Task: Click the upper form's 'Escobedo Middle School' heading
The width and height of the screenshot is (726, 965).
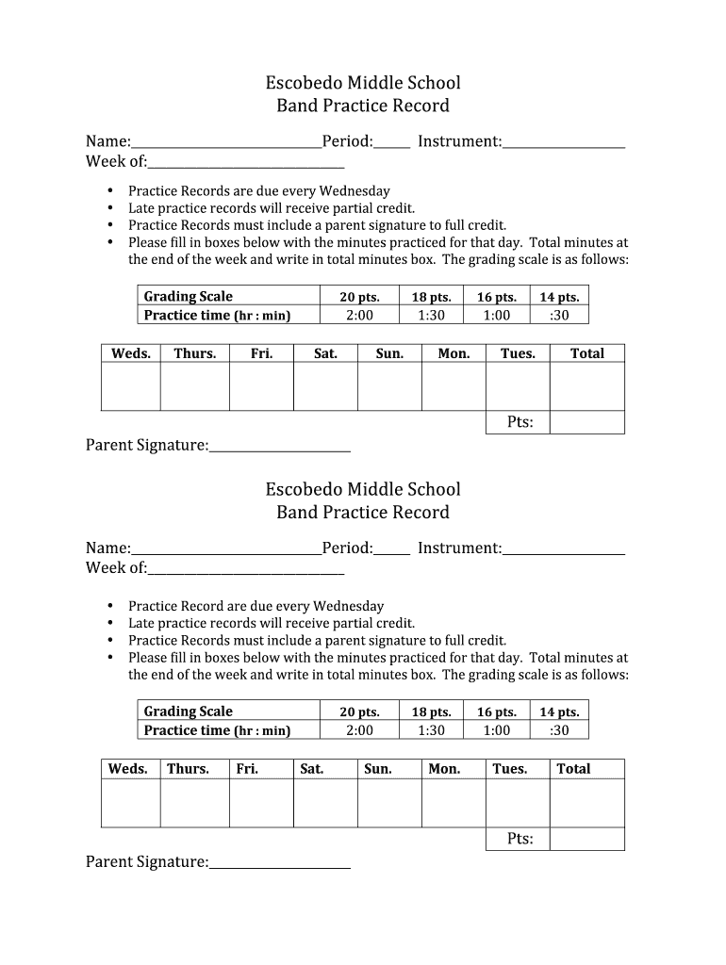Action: [x=363, y=83]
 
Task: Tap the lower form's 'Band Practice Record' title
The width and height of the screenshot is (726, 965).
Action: [x=363, y=512]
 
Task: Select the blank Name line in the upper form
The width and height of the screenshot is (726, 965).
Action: [x=226, y=143]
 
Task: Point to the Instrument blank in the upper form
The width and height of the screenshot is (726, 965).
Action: [x=564, y=143]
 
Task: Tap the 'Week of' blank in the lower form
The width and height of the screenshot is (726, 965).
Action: [x=246, y=570]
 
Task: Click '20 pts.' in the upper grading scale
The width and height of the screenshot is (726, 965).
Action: [x=359, y=297]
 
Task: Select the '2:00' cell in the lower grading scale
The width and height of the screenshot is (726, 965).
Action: [x=359, y=730]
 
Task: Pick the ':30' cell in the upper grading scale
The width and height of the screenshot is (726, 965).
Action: [x=559, y=316]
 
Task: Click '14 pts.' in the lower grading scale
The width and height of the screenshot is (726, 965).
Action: [x=559, y=712]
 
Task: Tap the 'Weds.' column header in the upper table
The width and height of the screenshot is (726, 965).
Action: [x=131, y=353]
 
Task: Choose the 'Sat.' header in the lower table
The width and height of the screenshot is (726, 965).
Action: [x=312, y=769]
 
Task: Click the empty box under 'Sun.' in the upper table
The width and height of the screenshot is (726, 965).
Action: [x=389, y=386]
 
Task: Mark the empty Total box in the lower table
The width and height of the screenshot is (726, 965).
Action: [x=586, y=803]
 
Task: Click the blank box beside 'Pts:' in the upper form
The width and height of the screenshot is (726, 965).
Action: [x=586, y=422]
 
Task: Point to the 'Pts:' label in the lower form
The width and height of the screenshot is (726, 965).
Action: [x=520, y=839]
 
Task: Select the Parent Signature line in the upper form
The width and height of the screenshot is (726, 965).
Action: [x=280, y=447]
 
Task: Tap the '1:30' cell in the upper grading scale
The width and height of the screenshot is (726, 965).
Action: [x=431, y=316]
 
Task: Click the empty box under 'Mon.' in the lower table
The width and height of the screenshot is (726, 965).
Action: [x=454, y=803]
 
